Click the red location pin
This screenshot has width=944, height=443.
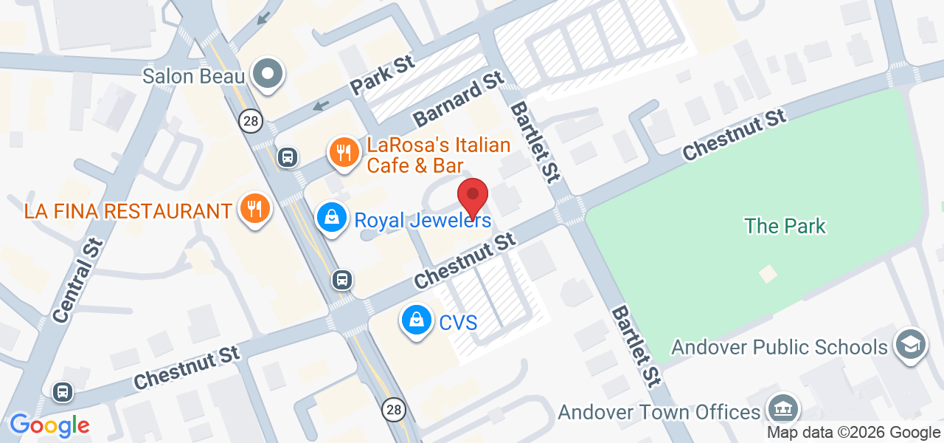click(x=473, y=197)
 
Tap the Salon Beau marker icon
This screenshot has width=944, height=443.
click(x=268, y=74)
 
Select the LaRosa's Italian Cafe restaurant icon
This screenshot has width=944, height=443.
click(x=343, y=153)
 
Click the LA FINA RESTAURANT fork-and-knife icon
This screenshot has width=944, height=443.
click(x=254, y=209)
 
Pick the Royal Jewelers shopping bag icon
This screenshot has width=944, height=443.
click(x=333, y=218)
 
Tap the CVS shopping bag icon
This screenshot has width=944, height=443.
click(x=417, y=320)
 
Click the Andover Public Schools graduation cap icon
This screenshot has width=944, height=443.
click(x=910, y=344)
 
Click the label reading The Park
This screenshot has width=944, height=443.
click(x=785, y=226)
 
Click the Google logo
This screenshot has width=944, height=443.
click(x=49, y=425)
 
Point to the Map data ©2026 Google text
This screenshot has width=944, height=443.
click(x=853, y=433)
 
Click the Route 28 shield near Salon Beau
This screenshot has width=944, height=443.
click(x=251, y=120)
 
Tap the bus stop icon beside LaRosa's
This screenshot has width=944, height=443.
click(x=288, y=157)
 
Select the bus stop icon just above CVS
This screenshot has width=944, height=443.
click(x=341, y=280)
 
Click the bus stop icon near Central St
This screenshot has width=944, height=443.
click(x=63, y=391)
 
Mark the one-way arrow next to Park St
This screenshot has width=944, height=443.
click(x=320, y=106)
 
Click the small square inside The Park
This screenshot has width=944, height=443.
click(x=768, y=274)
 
